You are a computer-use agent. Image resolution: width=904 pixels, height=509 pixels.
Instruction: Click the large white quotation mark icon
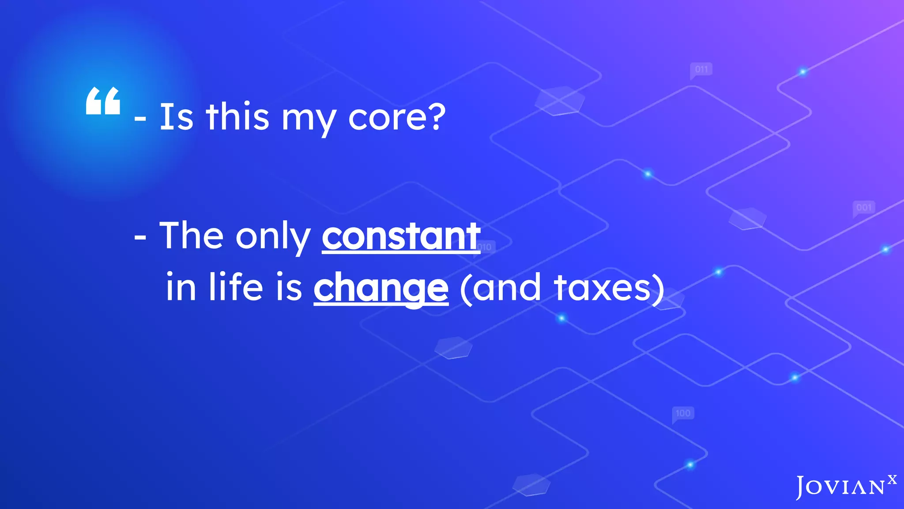[x=103, y=101]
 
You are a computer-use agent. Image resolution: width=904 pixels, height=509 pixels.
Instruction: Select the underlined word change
[x=381, y=288]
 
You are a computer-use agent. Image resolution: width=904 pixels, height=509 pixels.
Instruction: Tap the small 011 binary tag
[x=701, y=69]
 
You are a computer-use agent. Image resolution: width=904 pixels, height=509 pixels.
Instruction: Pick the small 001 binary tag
[x=864, y=207]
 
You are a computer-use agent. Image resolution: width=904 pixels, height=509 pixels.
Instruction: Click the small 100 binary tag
[x=683, y=413]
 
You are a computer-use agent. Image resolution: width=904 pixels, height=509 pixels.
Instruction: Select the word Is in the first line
[x=176, y=117]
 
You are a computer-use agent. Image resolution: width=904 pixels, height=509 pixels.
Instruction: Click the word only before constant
[x=273, y=237]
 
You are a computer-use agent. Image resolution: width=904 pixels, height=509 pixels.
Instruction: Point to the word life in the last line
[x=236, y=287]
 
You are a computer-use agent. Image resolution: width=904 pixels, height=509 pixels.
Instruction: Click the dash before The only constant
[x=140, y=238]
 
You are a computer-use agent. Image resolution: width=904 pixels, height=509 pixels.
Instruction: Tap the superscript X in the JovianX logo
[x=892, y=479]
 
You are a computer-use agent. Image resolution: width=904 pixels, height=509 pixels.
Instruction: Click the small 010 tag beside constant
[x=485, y=247]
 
